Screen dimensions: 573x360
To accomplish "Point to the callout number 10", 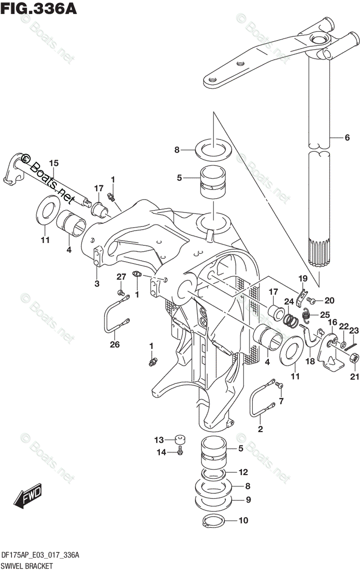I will coord(244,520).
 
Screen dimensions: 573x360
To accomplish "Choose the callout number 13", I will coord(159,440).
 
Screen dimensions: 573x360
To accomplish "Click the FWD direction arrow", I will coord(28,497).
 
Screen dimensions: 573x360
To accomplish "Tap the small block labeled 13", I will coord(180,438).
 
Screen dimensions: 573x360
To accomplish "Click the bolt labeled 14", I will coord(180,451).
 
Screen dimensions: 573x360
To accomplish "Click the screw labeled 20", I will coord(311,300).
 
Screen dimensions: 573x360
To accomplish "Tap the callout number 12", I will coord(244,473).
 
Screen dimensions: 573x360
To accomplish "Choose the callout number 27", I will coord(121,276).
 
